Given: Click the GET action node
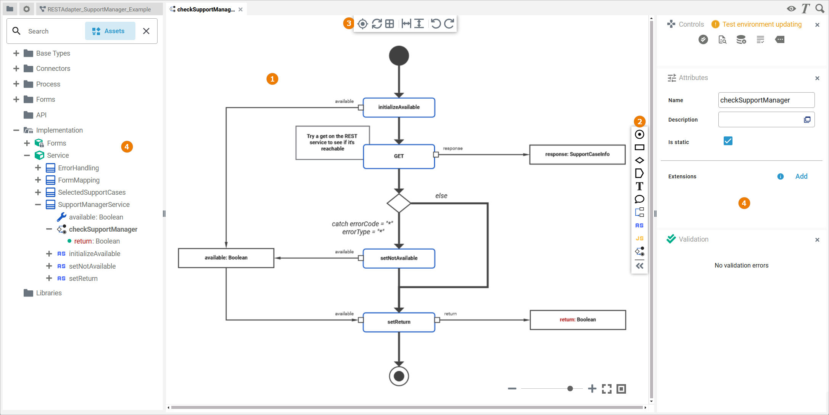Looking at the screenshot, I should click(399, 156).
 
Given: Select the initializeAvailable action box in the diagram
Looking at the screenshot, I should click(399, 107).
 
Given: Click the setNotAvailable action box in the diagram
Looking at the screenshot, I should click(399, 258).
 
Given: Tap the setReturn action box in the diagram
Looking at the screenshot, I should click(399, 322).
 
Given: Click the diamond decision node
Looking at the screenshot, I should click(399, 203).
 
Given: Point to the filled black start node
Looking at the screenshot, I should click(399, 56).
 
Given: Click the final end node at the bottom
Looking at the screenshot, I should click(399, 376).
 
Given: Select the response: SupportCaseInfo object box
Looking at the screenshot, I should click(577, 154).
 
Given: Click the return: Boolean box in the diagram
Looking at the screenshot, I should click(578, 320).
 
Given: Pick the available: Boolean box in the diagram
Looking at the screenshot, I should click(226, 258).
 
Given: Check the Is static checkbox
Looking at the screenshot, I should click(728, 141).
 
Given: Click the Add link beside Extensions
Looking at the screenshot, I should click(801, 176).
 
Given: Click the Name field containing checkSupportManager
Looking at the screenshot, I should click(766, 100).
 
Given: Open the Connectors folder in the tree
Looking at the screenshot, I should click(53, 69).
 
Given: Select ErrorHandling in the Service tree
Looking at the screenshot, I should click(78, 168).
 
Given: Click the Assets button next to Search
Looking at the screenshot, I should click(110, 31).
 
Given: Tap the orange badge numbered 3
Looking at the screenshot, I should click(349, 23).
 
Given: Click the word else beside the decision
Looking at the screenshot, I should click(441, 196).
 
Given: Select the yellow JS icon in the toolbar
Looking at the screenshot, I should click(639, 239).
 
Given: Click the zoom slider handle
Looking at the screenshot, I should click(570, 389).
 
